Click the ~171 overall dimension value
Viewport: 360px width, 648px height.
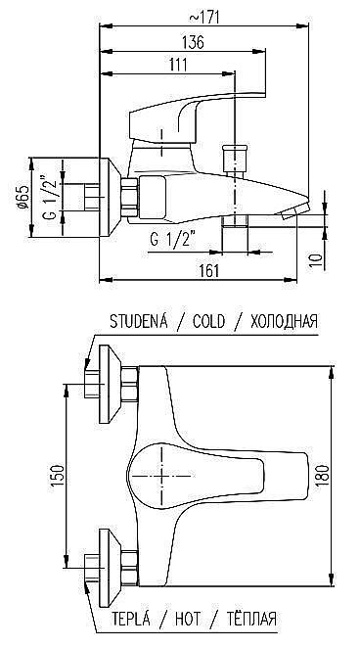coord(207,15)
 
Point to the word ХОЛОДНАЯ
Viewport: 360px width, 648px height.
coord(285,321)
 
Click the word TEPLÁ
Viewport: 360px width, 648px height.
coord(132,621)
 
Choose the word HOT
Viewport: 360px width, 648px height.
coord(188,621)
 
